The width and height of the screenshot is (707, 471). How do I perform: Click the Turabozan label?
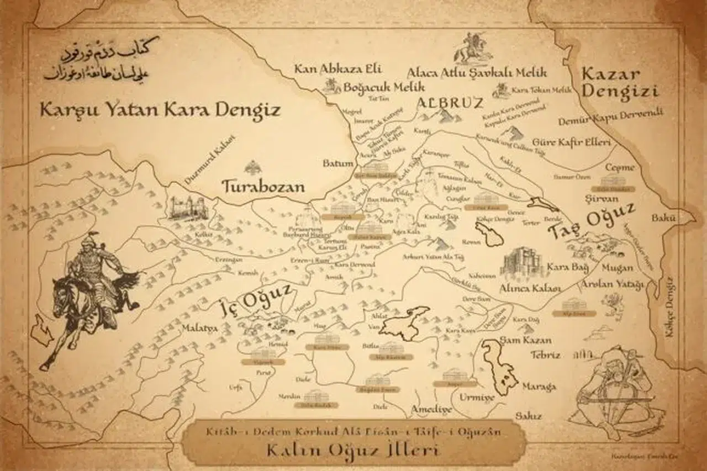pos(263,186)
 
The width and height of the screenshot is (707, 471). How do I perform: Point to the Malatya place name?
pos(199,329)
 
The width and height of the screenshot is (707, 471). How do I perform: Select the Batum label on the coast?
pos(338,163)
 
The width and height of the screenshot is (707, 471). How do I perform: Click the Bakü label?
pos(663,218)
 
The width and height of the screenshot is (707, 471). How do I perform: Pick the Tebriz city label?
pos(545,355)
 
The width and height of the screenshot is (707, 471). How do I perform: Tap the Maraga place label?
pos(539,387)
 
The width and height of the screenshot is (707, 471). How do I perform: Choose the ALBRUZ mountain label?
pos(450,103)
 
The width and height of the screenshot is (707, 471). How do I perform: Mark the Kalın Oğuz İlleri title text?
pos(353,451)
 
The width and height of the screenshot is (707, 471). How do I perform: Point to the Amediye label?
pos(431,410)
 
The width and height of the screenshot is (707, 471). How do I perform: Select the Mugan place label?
pos(618,268)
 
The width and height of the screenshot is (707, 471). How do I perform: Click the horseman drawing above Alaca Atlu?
pos(473,48)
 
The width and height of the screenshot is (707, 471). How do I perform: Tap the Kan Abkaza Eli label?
pos(337,69)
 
